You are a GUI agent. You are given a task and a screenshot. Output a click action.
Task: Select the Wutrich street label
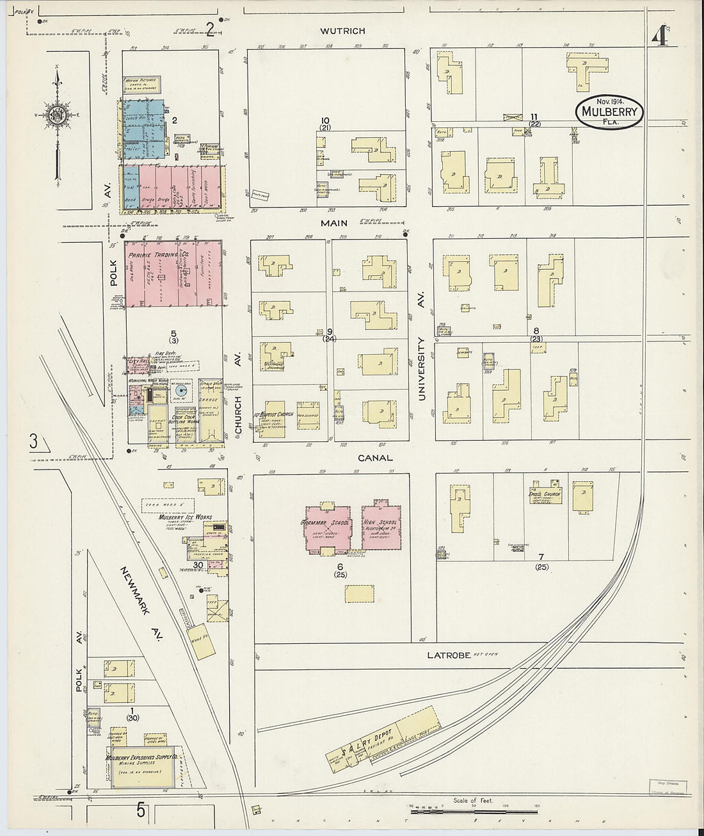[343, 31]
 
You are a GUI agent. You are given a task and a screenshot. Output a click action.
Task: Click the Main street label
[335, 223]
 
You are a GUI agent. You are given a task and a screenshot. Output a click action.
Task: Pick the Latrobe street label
[449, 655]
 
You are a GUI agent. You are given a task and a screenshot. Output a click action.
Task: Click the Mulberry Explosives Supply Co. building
[141, 766]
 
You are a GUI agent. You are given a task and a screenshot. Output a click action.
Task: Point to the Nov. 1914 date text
[611, 102]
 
